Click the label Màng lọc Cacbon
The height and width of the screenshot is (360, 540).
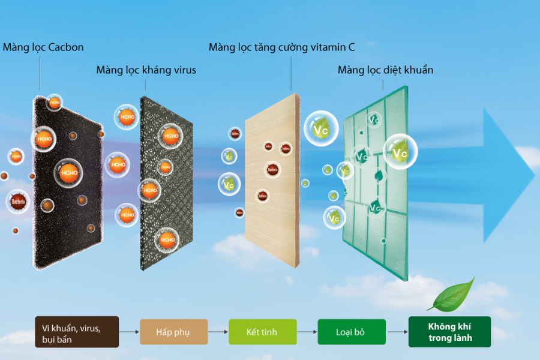(43, 47)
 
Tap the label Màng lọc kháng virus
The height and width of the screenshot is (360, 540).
(146, 70)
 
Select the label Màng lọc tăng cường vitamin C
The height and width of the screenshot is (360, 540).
(281, 47)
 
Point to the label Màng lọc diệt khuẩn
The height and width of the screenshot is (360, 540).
(385, 70)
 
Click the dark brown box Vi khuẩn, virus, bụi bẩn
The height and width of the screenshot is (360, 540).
(77, 332)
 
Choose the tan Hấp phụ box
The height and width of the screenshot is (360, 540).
(173, 332)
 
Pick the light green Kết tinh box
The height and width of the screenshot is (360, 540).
(262, 332)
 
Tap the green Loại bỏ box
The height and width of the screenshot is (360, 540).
(351, 332)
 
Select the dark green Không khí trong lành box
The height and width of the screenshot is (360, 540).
(449, 332)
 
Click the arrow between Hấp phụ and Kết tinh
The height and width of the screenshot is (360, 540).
(218, 332)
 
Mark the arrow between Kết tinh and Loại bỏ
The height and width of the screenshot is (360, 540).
(307, 332)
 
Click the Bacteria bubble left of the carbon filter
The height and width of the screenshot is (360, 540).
(18, 202)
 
